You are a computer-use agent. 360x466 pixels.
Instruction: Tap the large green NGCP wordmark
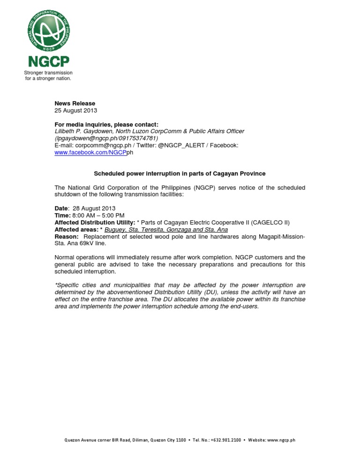point(48,61)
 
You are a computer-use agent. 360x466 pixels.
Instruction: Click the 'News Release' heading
point(75,103)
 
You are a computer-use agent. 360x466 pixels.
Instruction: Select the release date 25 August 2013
point(76,110)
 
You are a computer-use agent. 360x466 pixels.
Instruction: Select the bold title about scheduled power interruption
point(180,173)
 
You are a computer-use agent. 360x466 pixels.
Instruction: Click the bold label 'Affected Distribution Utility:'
point(95,222)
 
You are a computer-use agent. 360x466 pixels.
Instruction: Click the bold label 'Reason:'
point(66,236)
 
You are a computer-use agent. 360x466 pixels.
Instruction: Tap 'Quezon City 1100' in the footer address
point(168,440)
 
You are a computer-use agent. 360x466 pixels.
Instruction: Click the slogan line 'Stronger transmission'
point(48,73)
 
